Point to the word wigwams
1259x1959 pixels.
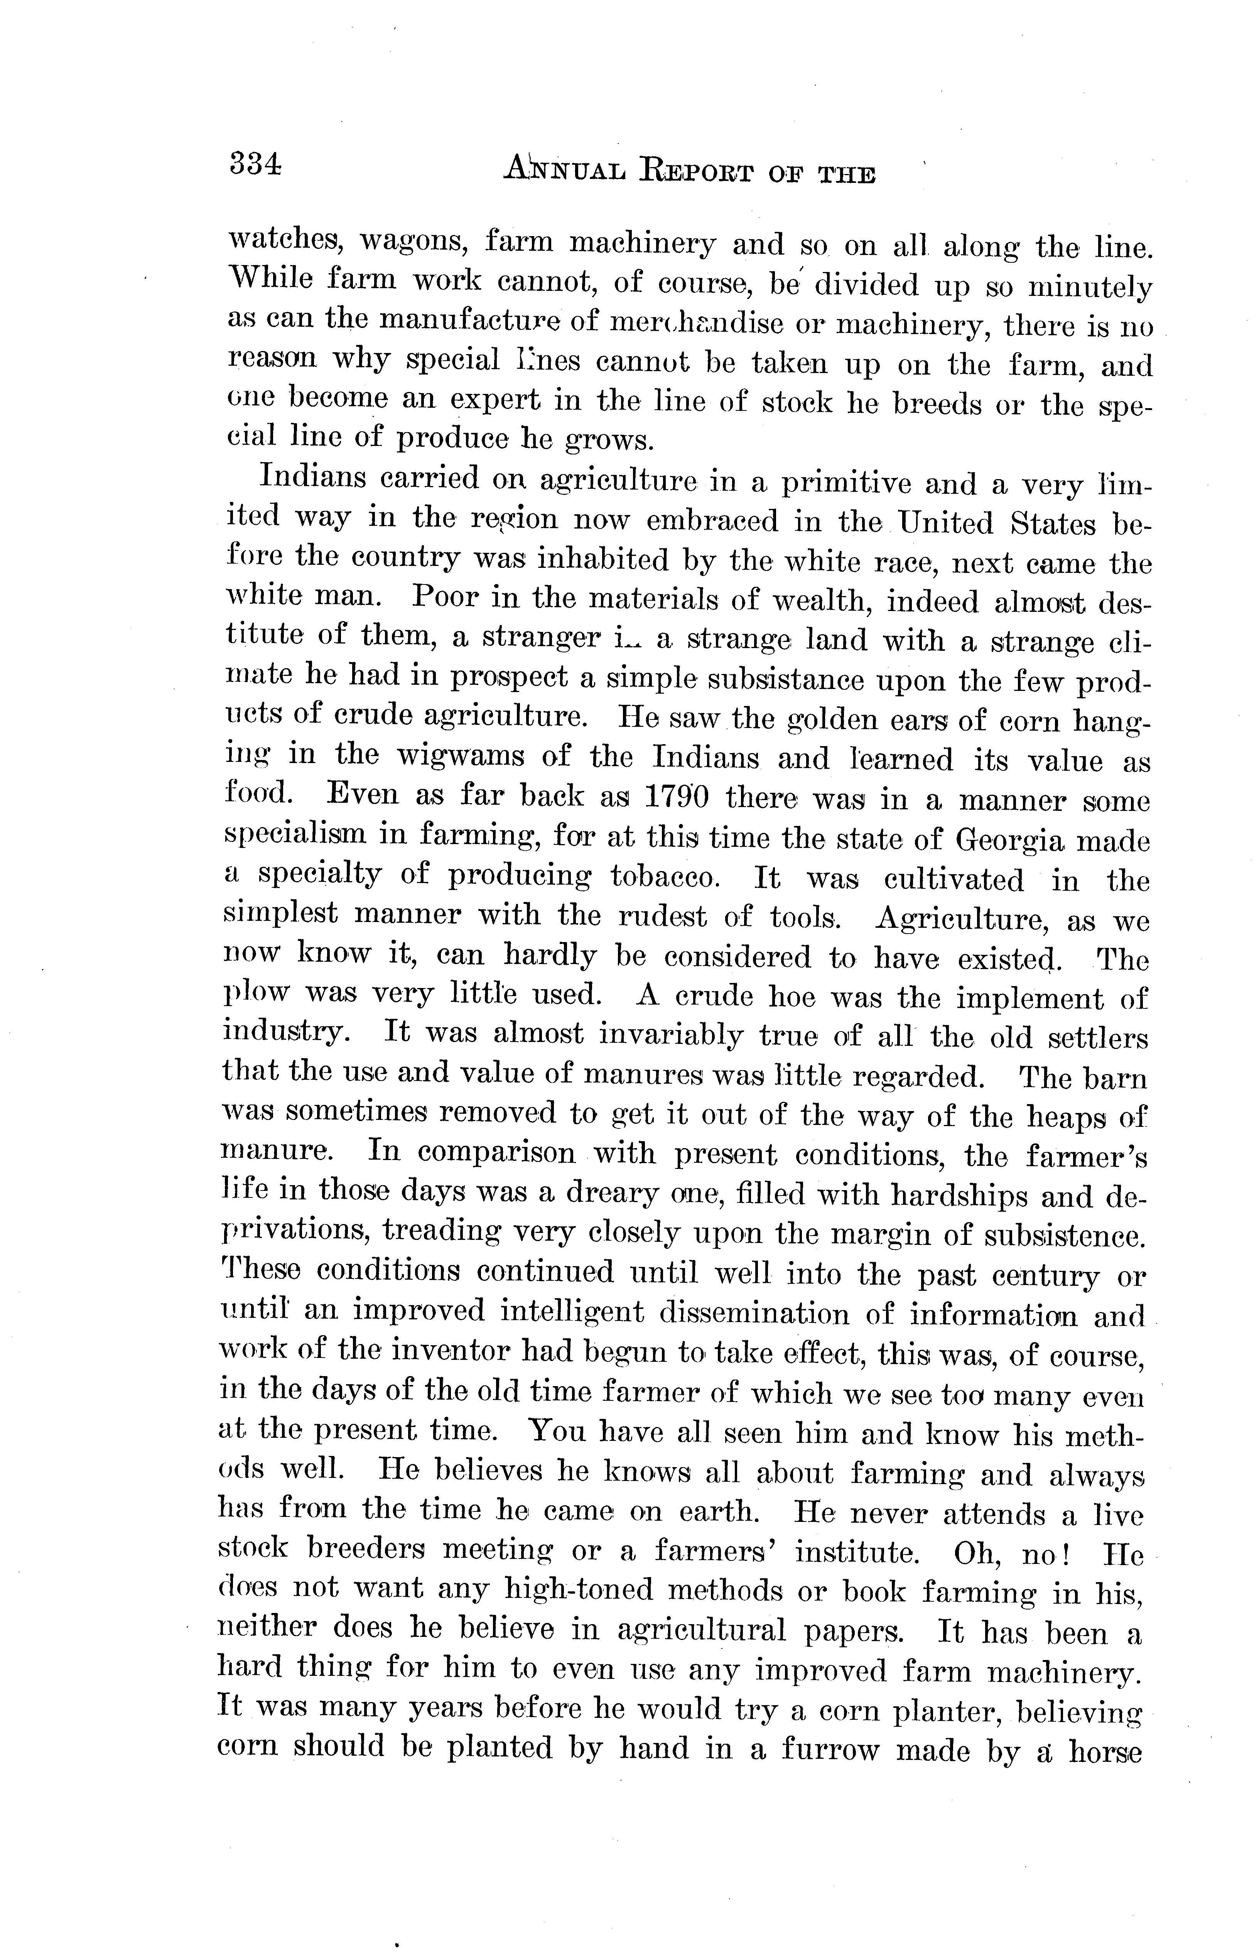[461, 756]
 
